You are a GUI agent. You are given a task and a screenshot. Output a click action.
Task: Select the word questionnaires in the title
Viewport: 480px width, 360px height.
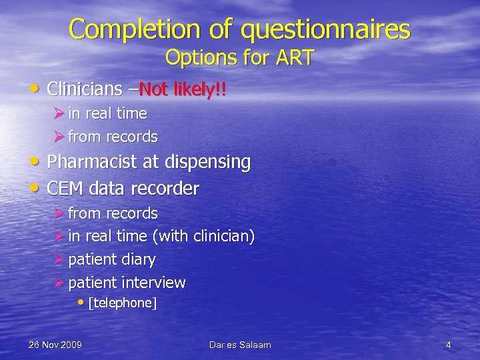(x=326, y=29)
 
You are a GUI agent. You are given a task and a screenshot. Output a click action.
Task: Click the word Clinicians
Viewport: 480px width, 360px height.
(x=85, y=88)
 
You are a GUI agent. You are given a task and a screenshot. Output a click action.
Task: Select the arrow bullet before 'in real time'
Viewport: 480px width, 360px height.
(x=59, y=113)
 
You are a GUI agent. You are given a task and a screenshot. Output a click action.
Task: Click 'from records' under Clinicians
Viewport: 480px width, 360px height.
(x=113, y=137)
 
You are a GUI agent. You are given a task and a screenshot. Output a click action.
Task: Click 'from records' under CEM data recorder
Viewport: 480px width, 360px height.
(x=113, y=214)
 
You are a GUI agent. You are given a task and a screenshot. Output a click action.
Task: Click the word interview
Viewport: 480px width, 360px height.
(x=155, y=283)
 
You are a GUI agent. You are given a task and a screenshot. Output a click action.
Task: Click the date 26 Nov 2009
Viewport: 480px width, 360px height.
(x=55, y=345)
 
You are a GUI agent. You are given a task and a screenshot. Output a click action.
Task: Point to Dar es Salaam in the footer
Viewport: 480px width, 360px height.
(x=240, y=345)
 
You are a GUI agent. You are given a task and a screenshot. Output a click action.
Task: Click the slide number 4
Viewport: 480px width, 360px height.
(x=448, y=345)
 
